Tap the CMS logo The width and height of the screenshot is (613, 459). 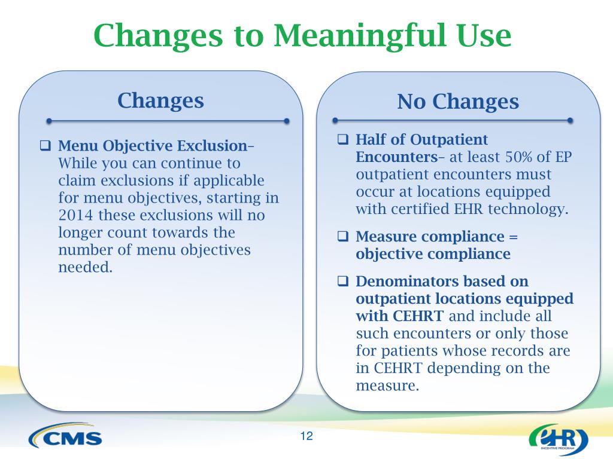tap(65, 435)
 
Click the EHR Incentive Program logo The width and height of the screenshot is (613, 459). tap(559, 439)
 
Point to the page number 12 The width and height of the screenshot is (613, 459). tap(306, 436)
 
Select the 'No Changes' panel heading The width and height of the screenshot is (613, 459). tap(458, 102)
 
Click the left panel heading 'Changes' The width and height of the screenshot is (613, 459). tap(160, 100)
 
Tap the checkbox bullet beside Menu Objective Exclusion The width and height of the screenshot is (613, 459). tap(45, 146)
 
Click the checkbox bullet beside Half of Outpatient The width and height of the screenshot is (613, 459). tap(343, 139)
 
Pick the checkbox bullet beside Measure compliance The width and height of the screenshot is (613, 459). tap(343, 236)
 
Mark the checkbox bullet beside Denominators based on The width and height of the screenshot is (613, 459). tap(343, 281)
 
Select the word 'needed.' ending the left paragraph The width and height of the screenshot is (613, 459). tap(86, 267)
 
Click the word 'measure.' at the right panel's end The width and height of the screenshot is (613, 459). tap(387, 385)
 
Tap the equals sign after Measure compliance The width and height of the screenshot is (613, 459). tap(513, 237)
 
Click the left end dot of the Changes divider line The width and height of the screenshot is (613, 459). tap(49, 121)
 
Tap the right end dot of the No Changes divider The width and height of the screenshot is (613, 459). tap(570, 121)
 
